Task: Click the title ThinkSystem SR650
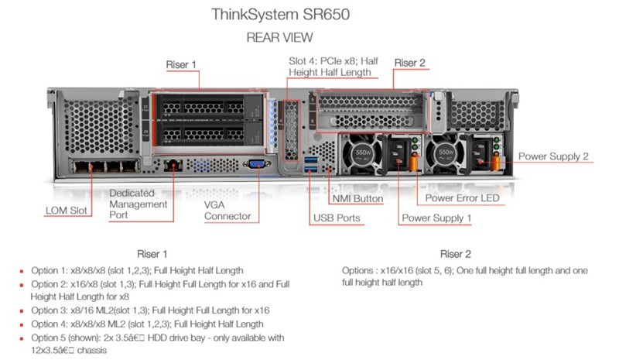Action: [x=279, y=15]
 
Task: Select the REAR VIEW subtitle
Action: [x=279, y=36]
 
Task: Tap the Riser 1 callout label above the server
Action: [x=182, y=63]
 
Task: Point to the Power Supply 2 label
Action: [x=552, y=156]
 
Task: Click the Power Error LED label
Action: [x=463, y=198]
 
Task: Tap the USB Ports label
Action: [x=337, y=218]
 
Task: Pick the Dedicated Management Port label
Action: [x=138, y=204]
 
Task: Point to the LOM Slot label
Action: [x=69, y=210]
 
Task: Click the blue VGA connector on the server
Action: [x=254, y=164]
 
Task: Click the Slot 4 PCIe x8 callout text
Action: [x=330, y=67]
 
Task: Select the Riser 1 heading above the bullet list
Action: [x=152, y=254]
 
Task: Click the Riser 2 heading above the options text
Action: [x=456, y=254]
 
